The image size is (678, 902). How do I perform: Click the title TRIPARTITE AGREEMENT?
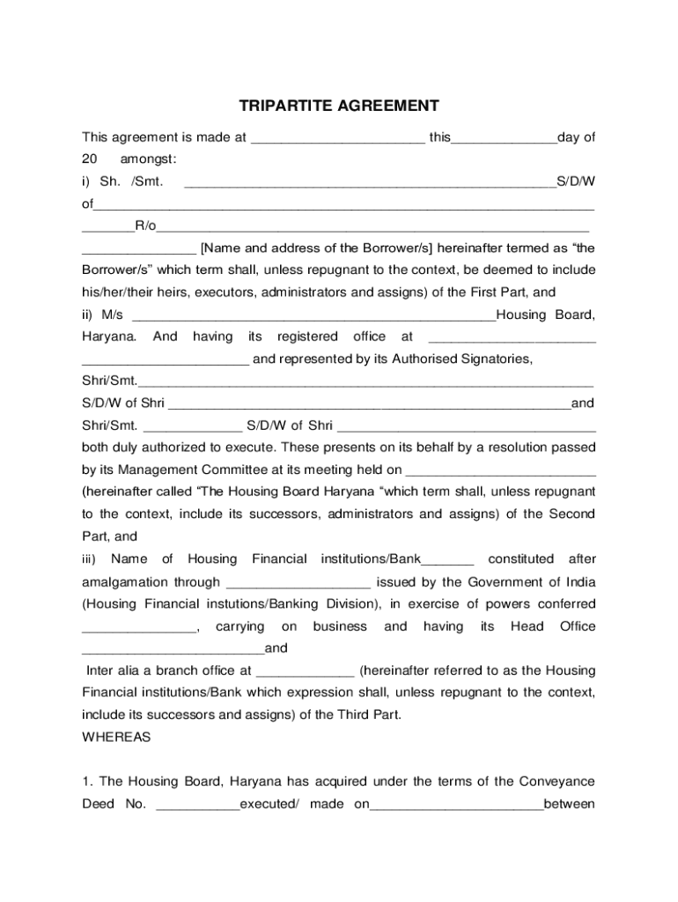pyautogui.click(x=339, y=107)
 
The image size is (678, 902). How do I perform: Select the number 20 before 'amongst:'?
pyautogui.click(x=89, y=159)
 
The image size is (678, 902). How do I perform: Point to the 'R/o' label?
pyautogui.click(x=145, y=226)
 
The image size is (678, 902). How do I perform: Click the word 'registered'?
pyautogui.click(x=307, y=337)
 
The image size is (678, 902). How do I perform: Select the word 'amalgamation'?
pyautogui.click(x=120, y=582)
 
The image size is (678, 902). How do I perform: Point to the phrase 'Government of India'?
pyautogui.click(x=532, y=582)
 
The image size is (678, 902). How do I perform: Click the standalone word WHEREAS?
pyautogui.click(x=116, y=737)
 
